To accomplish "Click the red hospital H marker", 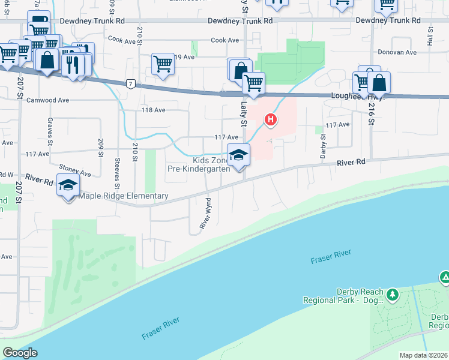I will coord(271,120).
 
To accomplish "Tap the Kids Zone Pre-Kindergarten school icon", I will coord(238,155).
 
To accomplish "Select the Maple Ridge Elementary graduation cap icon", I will coord(68,185).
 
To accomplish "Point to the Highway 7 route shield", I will coord(130,83).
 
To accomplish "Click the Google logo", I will coord(20,352).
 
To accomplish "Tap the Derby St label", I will coord(323,144).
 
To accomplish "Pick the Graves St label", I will coord(49,125).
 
